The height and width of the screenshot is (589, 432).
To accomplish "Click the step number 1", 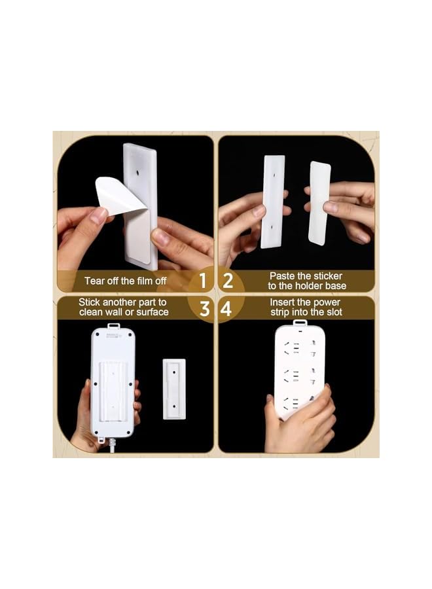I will tap(203, 281).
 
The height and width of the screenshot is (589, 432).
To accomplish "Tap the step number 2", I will tap(228, 281).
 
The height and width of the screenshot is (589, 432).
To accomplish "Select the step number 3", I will tap(204, 308).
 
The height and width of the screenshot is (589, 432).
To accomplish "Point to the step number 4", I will tap(226, 308).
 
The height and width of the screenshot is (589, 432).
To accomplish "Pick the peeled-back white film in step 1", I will tap(118, 194).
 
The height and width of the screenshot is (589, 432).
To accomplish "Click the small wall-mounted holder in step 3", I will tap(174, 389).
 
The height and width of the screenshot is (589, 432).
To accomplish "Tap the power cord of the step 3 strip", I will tap(112, 446).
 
